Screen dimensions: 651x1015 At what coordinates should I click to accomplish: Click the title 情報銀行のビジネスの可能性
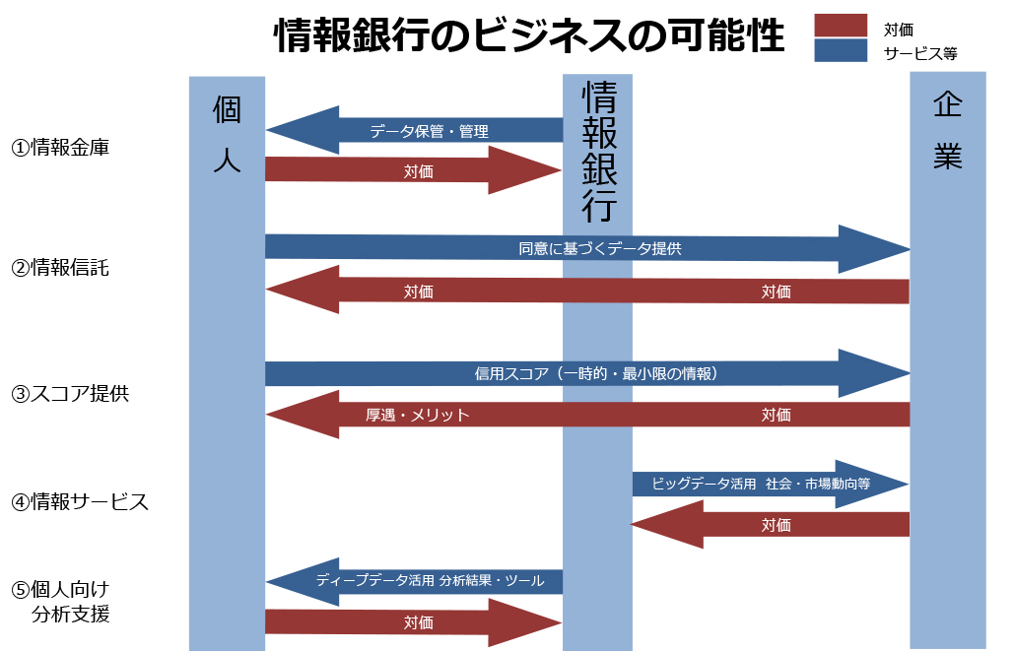528,36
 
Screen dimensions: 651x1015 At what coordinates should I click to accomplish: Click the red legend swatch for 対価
841,26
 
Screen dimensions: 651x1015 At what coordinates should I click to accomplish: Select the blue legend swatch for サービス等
841,50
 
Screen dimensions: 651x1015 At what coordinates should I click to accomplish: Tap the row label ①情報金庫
60,149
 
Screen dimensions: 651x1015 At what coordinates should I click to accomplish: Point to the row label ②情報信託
60,268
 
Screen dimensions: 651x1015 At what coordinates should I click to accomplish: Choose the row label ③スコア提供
70,393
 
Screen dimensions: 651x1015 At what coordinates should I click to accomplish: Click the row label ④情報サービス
80,502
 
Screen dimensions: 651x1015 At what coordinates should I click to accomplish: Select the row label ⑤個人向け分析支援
60,602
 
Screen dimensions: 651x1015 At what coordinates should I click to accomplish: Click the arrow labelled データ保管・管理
429,131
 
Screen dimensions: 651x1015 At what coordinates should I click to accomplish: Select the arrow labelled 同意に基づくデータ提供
599,249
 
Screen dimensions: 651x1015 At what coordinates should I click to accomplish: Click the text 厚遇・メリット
418,415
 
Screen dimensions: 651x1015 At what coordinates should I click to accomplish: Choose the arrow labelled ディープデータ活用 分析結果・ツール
430,581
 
